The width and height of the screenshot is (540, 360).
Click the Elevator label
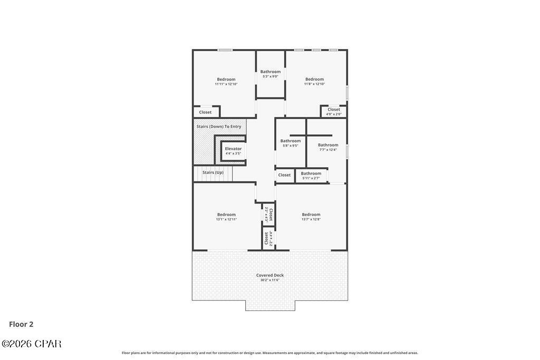click(x=233, y=149)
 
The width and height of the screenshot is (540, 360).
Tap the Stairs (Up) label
click(x=213, y=172)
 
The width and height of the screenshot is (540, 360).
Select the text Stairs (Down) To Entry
click(x=219, y=127)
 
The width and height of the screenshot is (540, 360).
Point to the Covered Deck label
click(x=270, y=275)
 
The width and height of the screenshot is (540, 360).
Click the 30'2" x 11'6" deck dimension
click(x=270, y=280)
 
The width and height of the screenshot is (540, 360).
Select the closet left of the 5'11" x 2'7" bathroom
click(x=284, y=175)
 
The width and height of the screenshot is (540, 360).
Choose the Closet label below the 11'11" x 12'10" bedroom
click(x=205, y=112)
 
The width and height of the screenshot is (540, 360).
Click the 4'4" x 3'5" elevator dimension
click(x=233, y=153)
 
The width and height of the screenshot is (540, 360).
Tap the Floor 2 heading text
click(x=21, y=324)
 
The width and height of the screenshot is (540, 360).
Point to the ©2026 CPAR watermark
click(x=32, y=344)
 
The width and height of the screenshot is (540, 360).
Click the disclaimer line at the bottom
click(x=270, y=353)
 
